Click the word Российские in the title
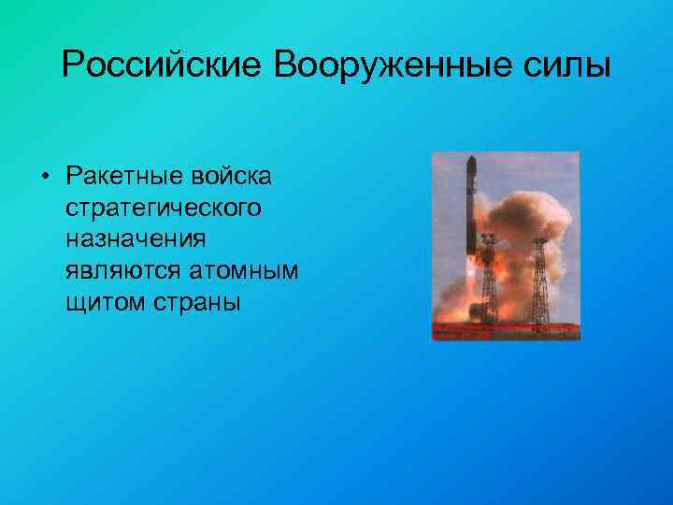(162, 66)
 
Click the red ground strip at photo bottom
(505, 329)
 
